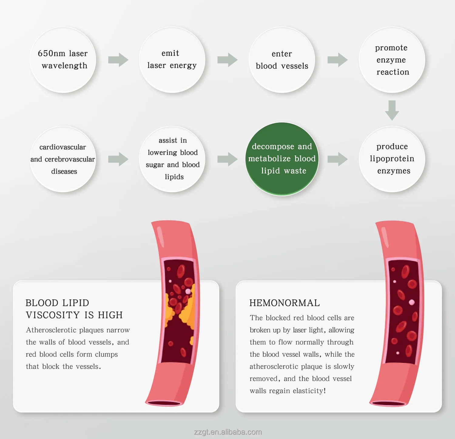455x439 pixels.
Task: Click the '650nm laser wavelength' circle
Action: pos(63,60)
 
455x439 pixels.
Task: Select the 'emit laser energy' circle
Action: pos(172,60)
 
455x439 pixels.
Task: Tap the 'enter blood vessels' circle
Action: pos(282,60)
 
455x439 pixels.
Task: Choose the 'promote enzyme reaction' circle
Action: pos(392,60)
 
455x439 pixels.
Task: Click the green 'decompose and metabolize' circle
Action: pos(282,159)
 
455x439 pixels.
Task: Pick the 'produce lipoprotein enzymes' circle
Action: pos(392,159)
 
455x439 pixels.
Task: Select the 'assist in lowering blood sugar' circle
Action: pos(172,159)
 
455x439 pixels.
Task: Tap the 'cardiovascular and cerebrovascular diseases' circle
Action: pos(63,159)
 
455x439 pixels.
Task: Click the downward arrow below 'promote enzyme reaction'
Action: pos(392,110)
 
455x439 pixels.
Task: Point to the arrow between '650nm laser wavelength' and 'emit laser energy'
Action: pos(118,60)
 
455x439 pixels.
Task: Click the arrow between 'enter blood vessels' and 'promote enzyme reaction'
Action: pos(337,60)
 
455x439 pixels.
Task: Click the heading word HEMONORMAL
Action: pos(285,303)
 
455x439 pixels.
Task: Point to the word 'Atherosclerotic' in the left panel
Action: pos(51,330)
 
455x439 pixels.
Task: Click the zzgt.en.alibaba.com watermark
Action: pos(228,432)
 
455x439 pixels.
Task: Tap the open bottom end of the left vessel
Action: pos(164,403)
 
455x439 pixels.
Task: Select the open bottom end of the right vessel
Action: pos(388,403)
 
